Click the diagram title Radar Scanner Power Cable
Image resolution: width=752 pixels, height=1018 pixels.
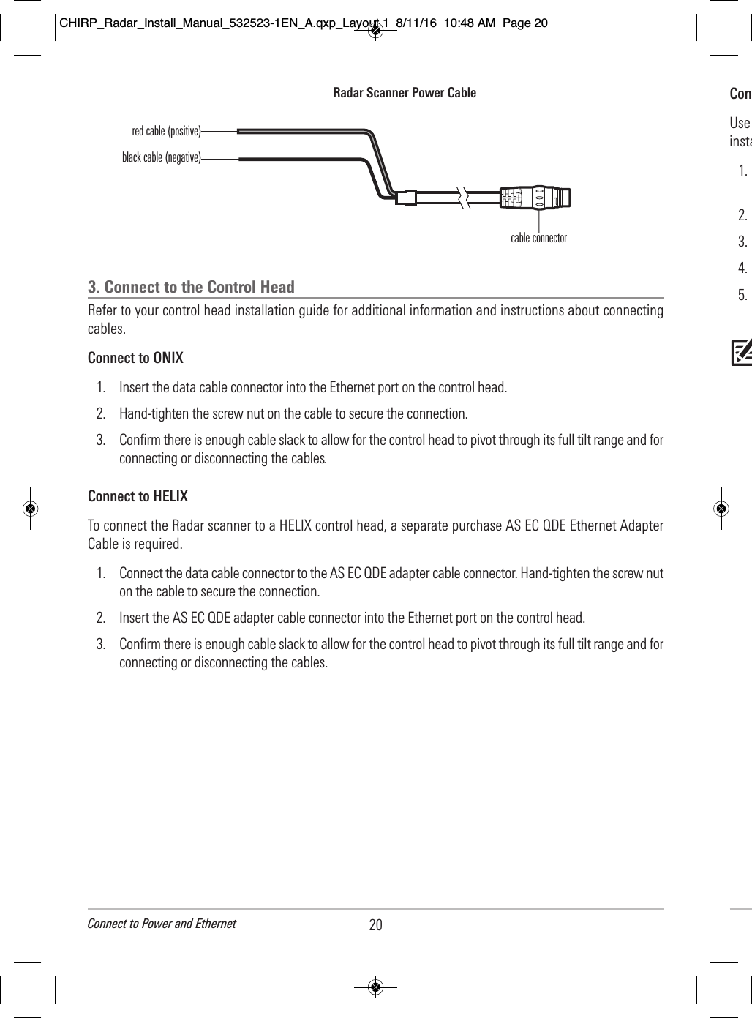(x=405, y=93)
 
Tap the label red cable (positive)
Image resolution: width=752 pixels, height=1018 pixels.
(x=166, y=132)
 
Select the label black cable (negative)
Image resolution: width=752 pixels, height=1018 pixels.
(x=161, y=157)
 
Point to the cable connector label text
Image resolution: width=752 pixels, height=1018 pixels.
(x=538, y=238)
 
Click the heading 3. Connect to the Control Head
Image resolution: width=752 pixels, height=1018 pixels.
(x=191, y=287)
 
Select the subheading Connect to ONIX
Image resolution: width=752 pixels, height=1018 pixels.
(x=135, y=358)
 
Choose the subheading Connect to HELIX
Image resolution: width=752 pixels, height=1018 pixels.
(x=138, y=496)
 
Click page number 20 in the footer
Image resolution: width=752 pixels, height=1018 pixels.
(x=375, y=925)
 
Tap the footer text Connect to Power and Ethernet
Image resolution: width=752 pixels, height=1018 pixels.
(x=162, y=924)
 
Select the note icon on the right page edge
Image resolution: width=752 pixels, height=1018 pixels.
(x=741, y=353)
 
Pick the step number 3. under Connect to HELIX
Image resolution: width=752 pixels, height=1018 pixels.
(x=101, y=645)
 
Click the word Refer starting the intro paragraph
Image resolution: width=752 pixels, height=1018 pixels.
(x=102, y=311)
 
